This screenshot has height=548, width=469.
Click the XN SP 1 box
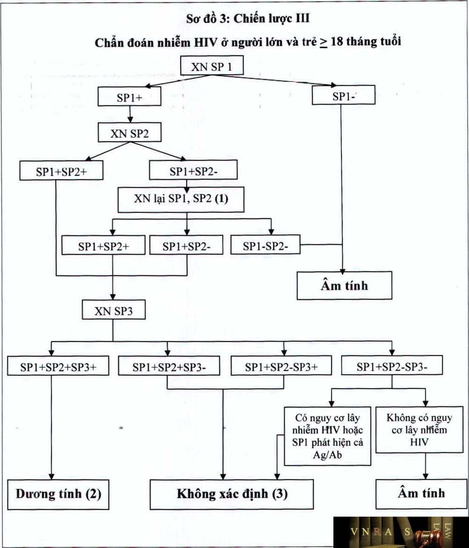coord(212,66)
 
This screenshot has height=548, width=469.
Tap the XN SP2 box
coord(130,133)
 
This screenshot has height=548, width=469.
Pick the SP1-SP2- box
coord(265,246)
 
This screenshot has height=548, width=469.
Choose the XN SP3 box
coord(113,311)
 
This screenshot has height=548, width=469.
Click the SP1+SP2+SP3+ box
coord(58,367)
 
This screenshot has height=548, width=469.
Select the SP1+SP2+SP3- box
coord(169,367)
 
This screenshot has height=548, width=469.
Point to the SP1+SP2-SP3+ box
coord(282,367)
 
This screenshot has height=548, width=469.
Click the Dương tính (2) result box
coord(58,494)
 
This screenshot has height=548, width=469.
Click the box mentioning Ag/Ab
coord(327,436)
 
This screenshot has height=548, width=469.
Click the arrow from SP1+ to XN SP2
coord(130,115)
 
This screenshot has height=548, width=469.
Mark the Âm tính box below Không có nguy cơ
coord(421,493)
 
